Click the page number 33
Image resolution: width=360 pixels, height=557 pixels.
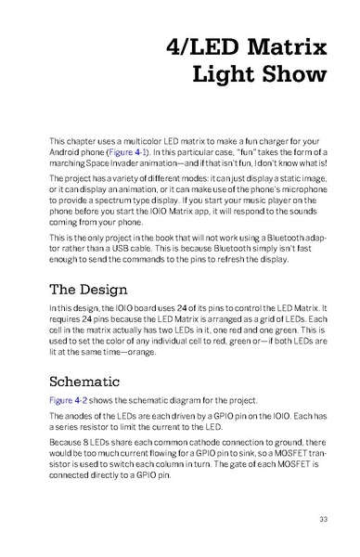(322, 519)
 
